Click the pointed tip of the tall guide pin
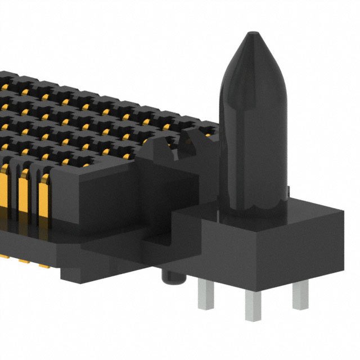coord(249,35)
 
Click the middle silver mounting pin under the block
coord(253,307)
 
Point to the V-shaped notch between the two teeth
coord(179,147)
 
